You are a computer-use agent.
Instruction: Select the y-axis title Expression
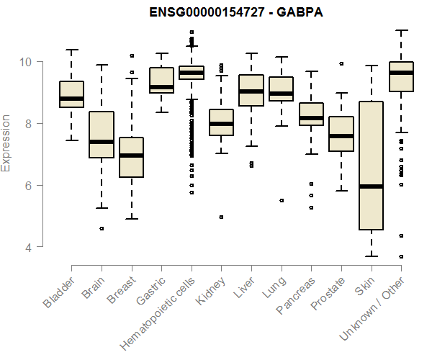6,143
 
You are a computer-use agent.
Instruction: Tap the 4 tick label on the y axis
29,247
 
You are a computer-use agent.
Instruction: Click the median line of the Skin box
371,186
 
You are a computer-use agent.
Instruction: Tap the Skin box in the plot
371,144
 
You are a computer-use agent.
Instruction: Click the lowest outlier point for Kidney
221,217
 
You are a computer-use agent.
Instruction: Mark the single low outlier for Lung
281,200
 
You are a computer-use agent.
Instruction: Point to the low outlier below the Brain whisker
102,228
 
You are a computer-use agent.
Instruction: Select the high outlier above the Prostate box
341,63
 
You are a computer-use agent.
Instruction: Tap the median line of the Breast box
131,156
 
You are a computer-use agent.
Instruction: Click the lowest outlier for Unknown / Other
401,256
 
